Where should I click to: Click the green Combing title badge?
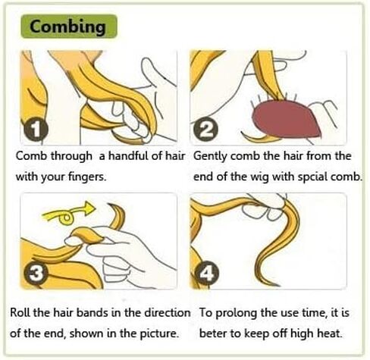tap(69, 27)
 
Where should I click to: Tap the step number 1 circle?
tap(36, 130)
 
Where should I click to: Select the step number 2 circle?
tap(205, 130)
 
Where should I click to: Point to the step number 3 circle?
tap(36, 274)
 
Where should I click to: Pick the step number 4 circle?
tap(207, 274)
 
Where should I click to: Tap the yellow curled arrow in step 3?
tap(70, 212)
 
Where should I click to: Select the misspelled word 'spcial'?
tap(313, 177)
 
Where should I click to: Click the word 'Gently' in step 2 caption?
tap(210, 156)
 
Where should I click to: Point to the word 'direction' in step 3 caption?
tap(167, 312)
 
